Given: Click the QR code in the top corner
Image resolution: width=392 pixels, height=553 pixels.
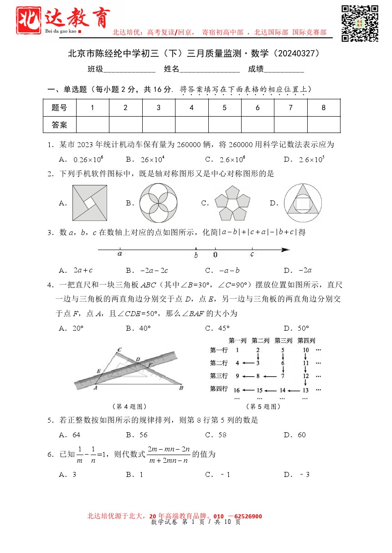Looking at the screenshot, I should (360, 23).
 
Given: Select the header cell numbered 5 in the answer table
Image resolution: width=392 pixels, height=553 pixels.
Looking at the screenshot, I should (225, 108).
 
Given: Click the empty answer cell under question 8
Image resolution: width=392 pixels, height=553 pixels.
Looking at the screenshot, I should (324, 124).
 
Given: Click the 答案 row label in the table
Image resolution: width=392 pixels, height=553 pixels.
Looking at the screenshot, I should (59, 124).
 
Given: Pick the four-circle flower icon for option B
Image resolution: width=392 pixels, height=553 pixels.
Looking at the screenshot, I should (159, 203).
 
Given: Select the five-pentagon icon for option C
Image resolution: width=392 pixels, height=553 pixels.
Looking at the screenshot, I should (232, 204).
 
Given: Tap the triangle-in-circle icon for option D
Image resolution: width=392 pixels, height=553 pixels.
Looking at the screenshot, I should (301, 203).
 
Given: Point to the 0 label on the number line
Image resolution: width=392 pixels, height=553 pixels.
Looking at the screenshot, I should (215, 255).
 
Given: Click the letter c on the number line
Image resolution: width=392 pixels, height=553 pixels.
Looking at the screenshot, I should (252, 255).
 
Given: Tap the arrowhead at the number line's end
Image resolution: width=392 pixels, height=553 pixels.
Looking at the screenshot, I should (285, 250).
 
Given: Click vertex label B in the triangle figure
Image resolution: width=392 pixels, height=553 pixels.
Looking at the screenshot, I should (181, 388).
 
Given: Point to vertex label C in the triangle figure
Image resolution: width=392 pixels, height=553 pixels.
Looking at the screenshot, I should (119, 350).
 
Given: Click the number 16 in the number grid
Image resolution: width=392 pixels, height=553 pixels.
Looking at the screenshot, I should (237, 390).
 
